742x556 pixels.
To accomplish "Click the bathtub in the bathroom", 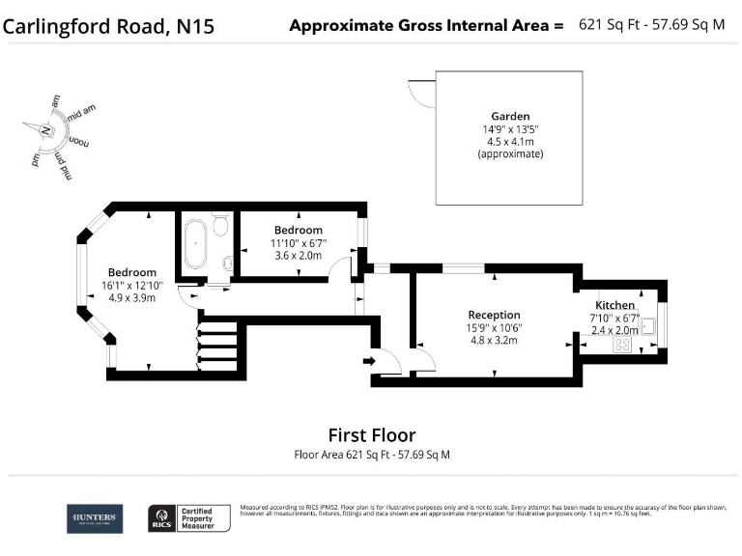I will point(194,244).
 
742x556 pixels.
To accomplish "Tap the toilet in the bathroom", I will point(220,226).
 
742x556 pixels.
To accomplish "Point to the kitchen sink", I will point(649,326).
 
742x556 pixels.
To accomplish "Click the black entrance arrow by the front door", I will point(368,361).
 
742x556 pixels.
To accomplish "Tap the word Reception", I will point(494,315).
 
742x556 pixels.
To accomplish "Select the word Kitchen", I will point(615,306).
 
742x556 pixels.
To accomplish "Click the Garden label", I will point(509,116).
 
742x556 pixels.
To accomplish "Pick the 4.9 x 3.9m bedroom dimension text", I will point(131,297).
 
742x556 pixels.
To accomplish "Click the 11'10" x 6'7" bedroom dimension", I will point(298,243).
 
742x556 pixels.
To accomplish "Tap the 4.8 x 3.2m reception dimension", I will point(494,340).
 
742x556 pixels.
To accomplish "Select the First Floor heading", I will point(371,435).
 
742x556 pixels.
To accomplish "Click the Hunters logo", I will point(95,518).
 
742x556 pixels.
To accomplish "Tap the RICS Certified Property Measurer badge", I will point(188,518).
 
